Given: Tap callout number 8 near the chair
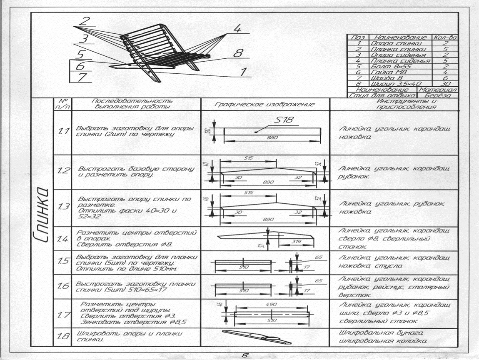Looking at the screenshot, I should click(237, 53).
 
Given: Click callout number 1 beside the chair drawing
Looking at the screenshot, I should click(242, 72).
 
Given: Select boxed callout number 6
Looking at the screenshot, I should click(80, 66).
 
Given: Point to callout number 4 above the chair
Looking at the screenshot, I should click(237, 28).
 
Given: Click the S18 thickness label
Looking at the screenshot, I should click(284, 120).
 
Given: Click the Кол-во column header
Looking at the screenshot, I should click(445, 38).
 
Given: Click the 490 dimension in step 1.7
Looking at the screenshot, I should click(271, 305).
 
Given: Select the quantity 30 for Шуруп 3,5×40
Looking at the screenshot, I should click(445, 84).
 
